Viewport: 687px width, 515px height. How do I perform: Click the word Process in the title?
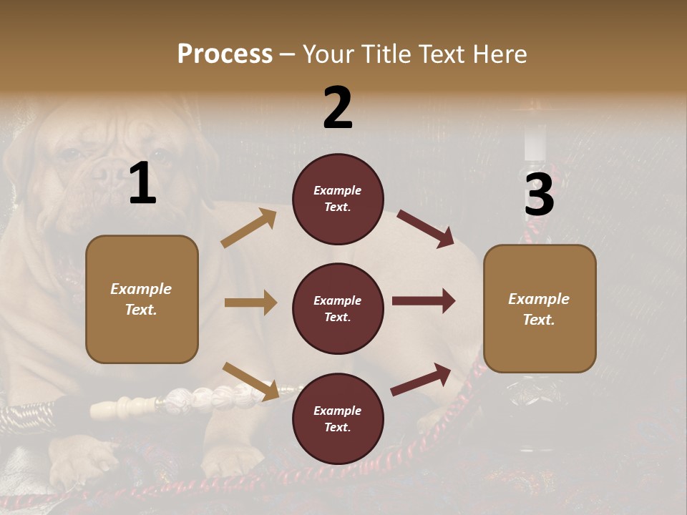225,54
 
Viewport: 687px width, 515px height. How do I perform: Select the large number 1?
142,184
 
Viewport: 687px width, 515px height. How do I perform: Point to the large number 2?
338,108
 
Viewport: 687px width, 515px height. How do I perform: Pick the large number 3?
539,195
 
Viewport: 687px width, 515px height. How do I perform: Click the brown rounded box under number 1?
142,299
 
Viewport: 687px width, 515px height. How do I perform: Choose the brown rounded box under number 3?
540,309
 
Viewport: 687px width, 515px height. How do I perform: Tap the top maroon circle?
338,199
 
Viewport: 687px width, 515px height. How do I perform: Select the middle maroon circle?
338,308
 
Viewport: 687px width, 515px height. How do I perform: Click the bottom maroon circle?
338,418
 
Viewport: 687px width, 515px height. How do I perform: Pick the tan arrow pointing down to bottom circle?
250,380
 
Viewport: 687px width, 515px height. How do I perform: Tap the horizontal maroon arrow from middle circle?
424,301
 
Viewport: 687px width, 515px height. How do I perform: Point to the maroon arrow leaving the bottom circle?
422,379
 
